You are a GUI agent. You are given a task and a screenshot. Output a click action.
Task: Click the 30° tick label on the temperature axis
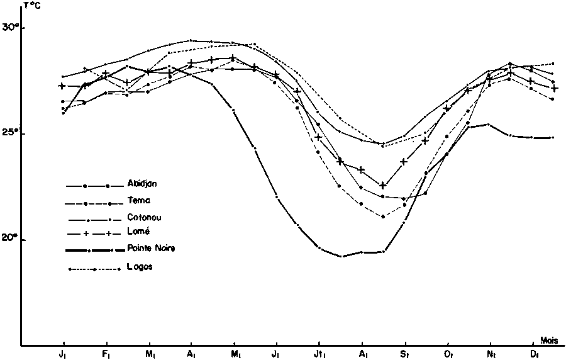[x=10, y=28]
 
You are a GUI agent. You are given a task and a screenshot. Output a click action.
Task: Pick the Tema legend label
[x=136, y=201]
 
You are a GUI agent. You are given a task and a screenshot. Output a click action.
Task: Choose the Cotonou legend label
[x=142, y=217]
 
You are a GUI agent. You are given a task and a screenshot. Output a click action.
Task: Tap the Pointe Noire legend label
[x=151, y=248]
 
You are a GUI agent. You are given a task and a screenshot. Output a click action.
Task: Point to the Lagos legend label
[x=140, y=267]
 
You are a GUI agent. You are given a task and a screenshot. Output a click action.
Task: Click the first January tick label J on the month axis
[x=63, y=354]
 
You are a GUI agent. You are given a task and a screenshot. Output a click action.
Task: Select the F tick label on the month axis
[x=106, y=354]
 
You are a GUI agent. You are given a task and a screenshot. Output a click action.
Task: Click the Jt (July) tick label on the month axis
[x=320, y=354]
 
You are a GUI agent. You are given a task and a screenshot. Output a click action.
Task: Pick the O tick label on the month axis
[x=448, y=354]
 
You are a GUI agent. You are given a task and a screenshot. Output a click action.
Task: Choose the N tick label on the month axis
[x=491, y=354]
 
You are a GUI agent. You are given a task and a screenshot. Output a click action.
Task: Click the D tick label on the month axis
[x=533, y=354]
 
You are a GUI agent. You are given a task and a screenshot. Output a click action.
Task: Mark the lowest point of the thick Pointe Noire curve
[x=341, y=256]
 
